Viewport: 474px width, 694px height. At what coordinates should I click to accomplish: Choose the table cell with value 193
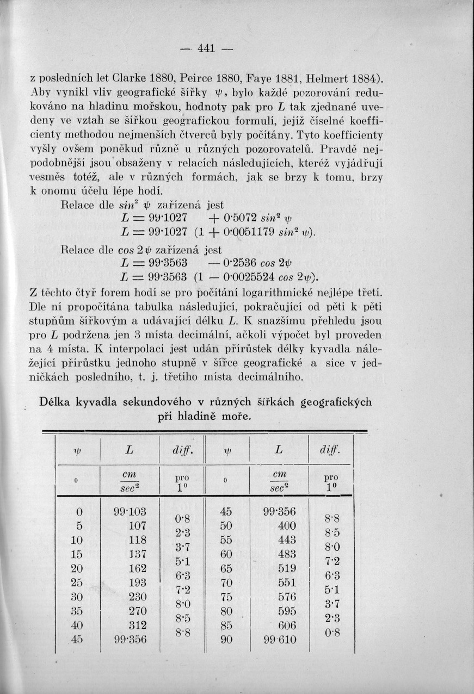click(138, 583)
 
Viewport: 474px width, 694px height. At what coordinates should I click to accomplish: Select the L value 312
click(138, 625)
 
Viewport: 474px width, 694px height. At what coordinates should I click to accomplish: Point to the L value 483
click(287, 555)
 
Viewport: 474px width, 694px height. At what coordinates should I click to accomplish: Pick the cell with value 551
click(287, 583)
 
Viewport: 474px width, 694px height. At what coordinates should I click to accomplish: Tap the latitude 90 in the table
click(226, 640)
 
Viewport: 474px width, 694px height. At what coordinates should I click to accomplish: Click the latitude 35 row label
click(78, 611)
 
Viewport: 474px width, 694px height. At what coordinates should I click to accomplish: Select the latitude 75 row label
click(226, 597)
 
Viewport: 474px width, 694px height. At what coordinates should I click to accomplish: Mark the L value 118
click(138, 540)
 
